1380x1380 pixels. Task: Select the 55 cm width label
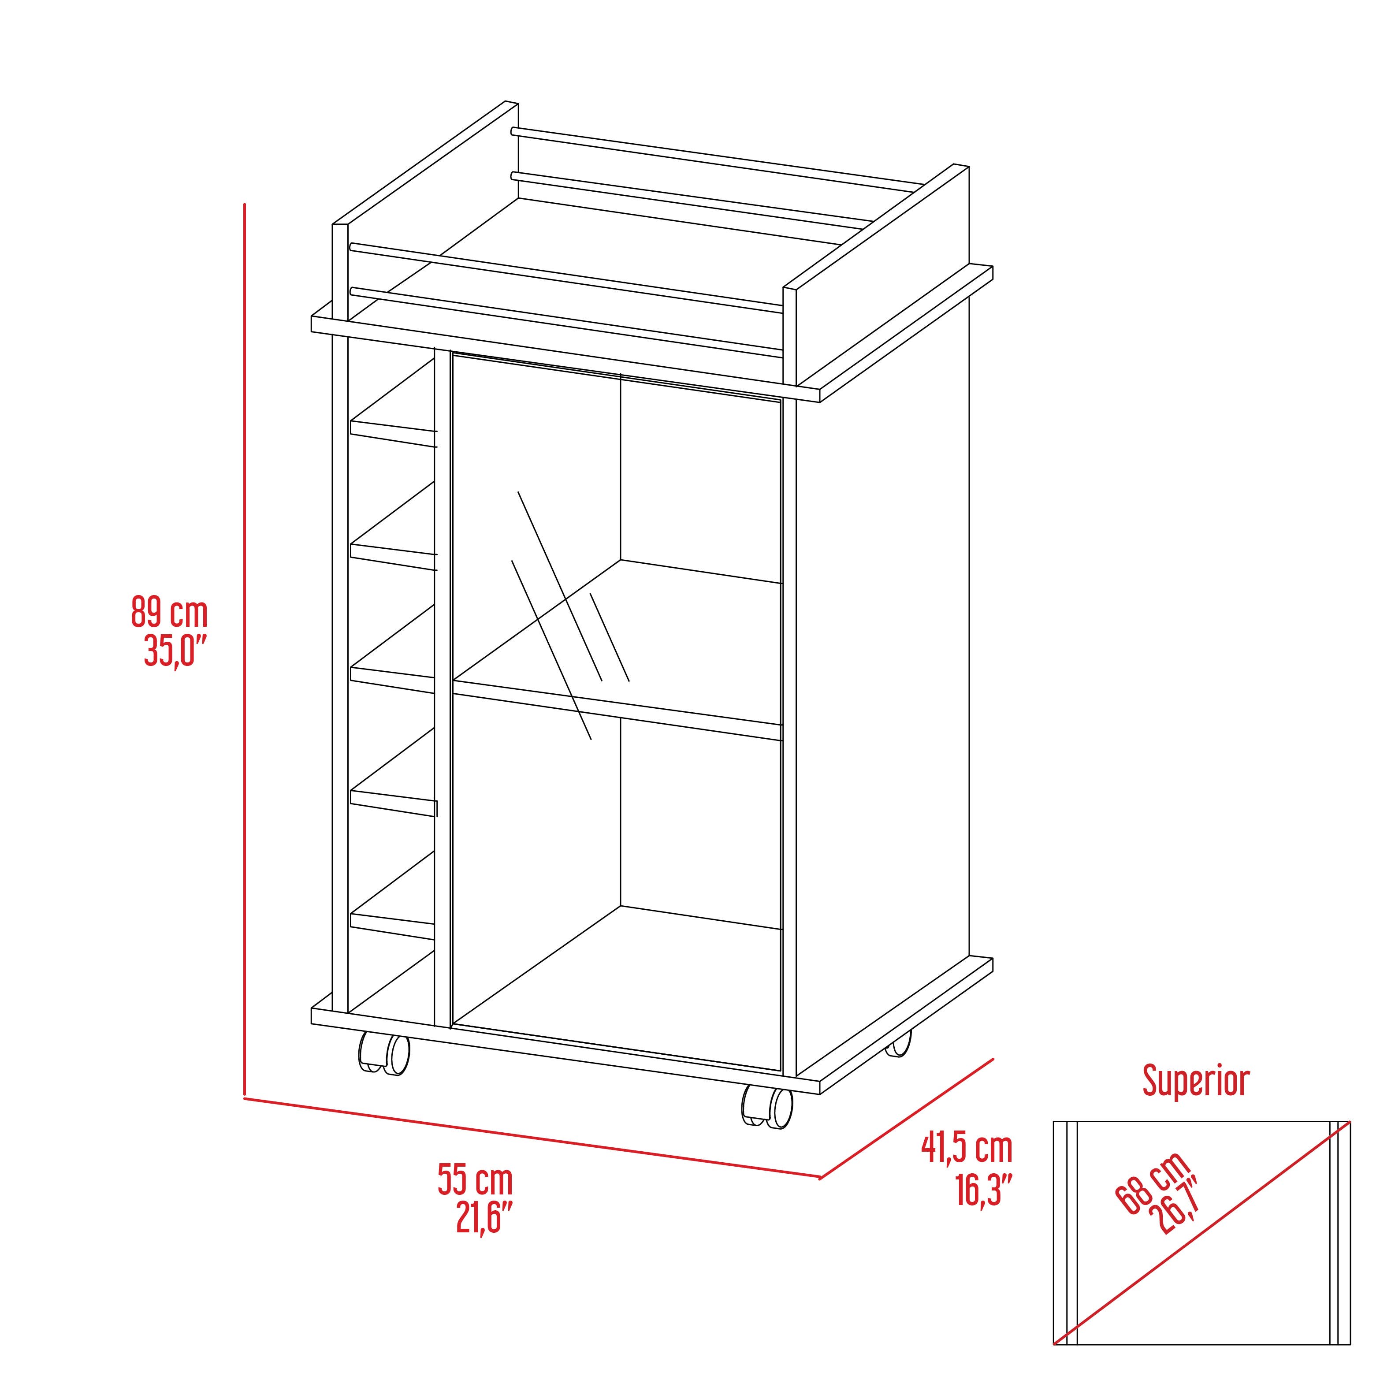[475, 1180]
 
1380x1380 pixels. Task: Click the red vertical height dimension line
[245, 643]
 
